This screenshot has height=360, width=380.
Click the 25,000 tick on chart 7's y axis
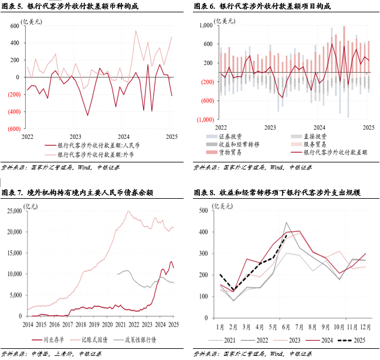[12, 211]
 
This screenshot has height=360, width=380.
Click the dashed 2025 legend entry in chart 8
[355, 339]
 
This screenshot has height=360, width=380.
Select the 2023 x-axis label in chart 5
[75, 136]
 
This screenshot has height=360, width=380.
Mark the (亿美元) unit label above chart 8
[224, 205]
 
